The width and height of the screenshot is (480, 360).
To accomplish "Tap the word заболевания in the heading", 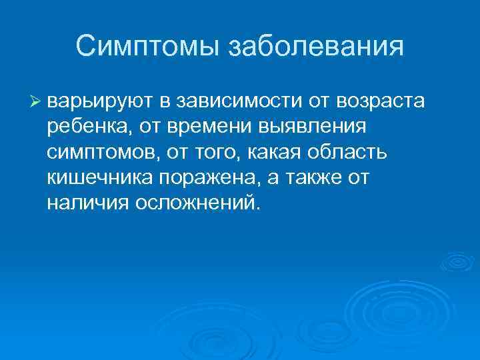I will (x=316, y=47).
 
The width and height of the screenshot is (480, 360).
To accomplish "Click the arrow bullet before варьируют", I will (x=36, y=101).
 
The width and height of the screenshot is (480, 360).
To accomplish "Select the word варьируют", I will (x=100, y=101).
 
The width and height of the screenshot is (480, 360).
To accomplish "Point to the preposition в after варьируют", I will (x=165, y=101).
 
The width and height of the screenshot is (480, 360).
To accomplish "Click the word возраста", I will (x=389, y=101).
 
